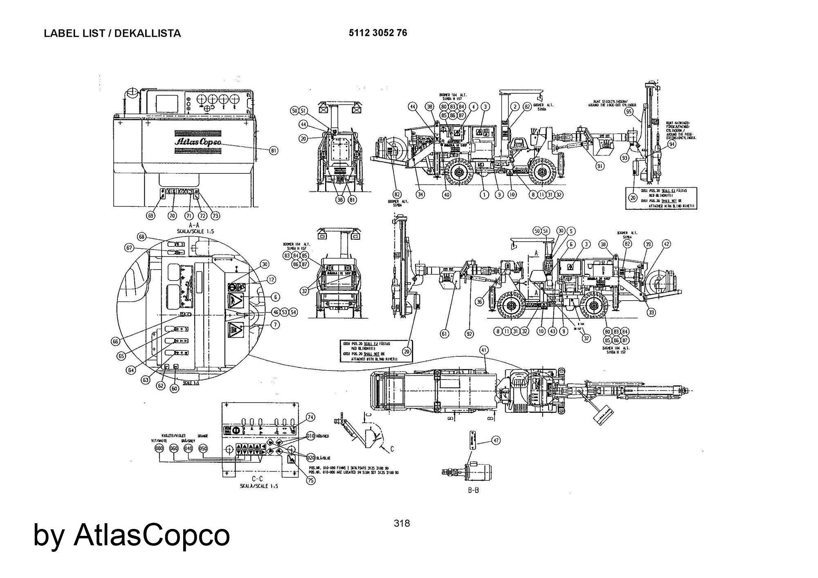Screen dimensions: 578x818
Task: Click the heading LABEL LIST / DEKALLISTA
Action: (x=112, y=34)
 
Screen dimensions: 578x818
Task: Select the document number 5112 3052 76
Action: (x=378, y=33)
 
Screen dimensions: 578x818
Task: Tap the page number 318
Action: (x=401, y=523)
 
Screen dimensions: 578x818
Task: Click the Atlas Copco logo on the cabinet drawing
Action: (x=198, y=142)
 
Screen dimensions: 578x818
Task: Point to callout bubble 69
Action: (x=151, y=216)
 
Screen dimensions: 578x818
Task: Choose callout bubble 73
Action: (x=214, y=216)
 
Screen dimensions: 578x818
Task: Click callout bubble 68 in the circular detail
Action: (x=142, y=237)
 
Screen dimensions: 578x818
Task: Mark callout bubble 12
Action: (x=271, y=280)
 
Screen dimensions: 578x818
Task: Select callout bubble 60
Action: (x=175, y=388)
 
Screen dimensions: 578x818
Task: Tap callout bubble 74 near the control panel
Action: (x=311, y=417)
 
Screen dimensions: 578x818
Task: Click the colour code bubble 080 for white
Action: (x=160, y=448)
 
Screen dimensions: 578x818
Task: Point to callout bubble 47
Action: (x=496, y=441)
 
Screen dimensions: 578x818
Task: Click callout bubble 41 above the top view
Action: (x=484, y=350)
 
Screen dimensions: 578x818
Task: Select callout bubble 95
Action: (x=629, y=111)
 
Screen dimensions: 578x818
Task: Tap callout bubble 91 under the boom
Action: (x=600, y=166)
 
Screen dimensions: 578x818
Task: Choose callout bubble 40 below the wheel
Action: (x=447, y=195)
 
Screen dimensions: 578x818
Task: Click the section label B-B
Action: (x=473, y=490)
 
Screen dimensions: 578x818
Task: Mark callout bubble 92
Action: (x=470, y=334)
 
